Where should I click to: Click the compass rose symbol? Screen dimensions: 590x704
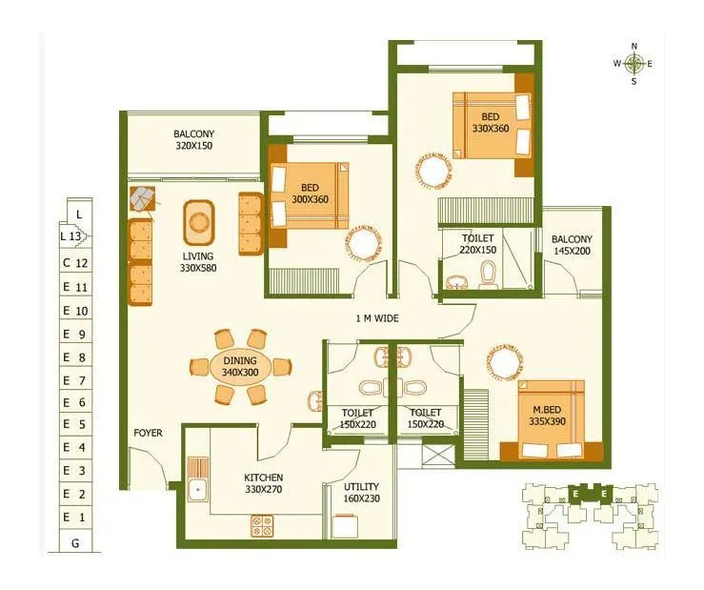(634, 64)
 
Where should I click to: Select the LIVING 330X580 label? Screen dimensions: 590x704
(198, 262)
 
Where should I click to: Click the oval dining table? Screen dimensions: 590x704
(239, 367)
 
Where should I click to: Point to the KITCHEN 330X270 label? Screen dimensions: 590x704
(263, 484)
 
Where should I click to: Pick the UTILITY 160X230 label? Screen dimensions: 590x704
(361, 493)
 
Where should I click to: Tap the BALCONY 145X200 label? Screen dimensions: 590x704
(572, 246)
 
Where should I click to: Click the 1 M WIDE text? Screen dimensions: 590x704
(377, 318)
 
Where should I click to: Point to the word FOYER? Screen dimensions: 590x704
(148, 434)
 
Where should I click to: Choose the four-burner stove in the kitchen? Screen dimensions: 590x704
(262, 525)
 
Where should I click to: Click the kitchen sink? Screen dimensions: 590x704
(199, 490)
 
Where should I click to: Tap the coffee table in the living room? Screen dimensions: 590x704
(198, 222)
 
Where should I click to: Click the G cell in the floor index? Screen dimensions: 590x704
(75, 543)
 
